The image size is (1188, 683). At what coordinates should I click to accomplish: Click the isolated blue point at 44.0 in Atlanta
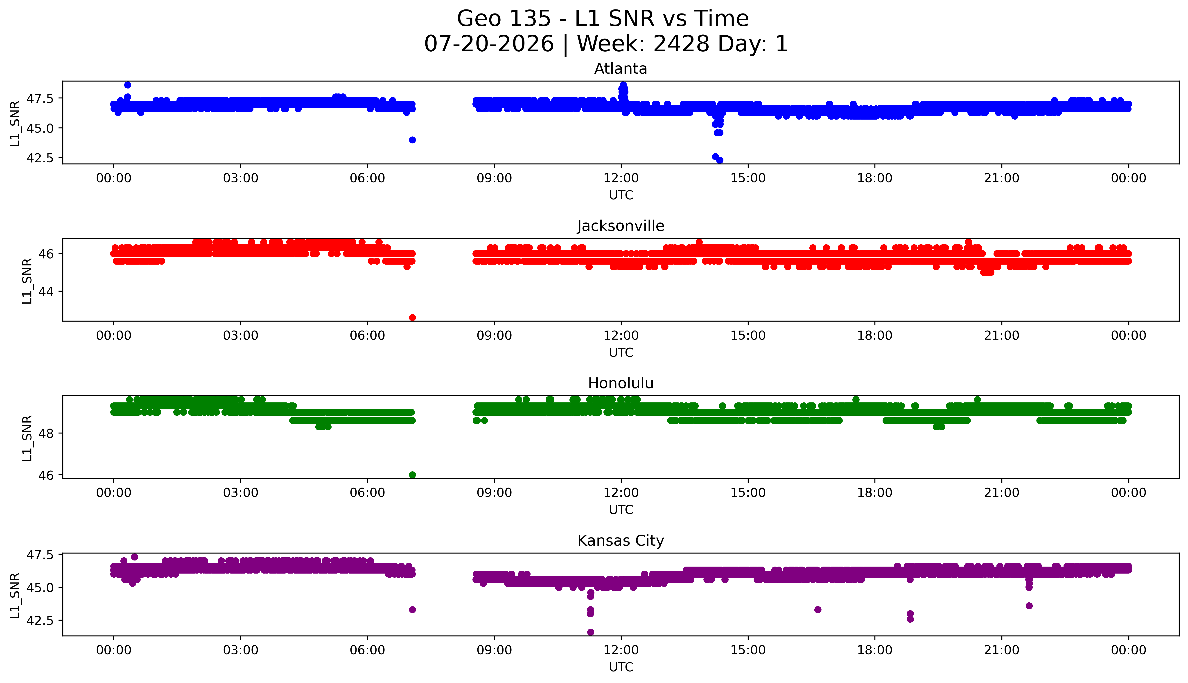pyautogui.click(x=412, y=140)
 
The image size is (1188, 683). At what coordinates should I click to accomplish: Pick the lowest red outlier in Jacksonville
pyautogui.click(x=412, y=318)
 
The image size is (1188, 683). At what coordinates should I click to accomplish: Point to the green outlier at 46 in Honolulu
pyautogui.click(x=412, y=475)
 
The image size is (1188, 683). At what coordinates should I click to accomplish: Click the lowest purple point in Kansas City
pyautogui.click(x=590, y=632)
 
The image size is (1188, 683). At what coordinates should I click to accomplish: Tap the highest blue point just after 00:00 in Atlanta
pyautogui.click(x=128, y=85)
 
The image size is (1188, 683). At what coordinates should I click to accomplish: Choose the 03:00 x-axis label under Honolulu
pyautogui.click(x=241, y=492)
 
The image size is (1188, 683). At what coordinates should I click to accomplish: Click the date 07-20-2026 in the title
pyautogui.click(x=489, y=44)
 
